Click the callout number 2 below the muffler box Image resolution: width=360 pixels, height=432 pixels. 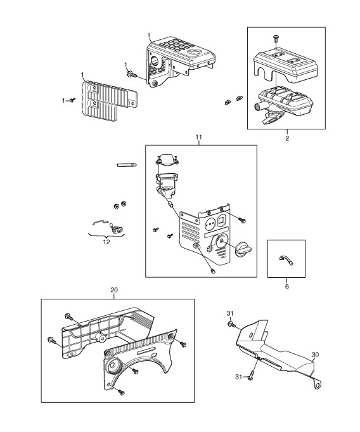click(287, 138)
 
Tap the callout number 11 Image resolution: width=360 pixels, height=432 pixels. click(199, 137)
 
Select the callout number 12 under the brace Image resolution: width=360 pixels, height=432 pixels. click(106, 242)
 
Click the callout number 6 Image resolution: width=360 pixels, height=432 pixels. click(286, 287)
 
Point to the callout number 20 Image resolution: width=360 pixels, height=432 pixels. click(114, 290)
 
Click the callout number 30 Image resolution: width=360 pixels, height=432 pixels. click(315, 355)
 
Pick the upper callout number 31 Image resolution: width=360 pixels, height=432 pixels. click(230, 313)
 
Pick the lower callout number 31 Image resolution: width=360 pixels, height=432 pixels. click(238, 377)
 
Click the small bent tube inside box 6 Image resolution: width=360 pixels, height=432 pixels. click(286, 259)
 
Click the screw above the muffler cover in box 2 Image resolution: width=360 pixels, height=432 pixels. click(276, 38)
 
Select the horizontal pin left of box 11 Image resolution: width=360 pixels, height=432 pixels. click(127, 166)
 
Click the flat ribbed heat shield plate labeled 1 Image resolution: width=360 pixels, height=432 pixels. click(109, 101)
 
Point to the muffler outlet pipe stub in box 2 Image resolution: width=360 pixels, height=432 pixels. click(257, 105)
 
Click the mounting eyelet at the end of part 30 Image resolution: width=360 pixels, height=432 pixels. click(318, 384)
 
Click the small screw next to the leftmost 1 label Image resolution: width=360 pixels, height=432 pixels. click(72, 100)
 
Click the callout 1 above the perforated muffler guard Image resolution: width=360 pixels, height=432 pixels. click(149, 36)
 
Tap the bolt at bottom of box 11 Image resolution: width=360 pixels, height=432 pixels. click(212, 271)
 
